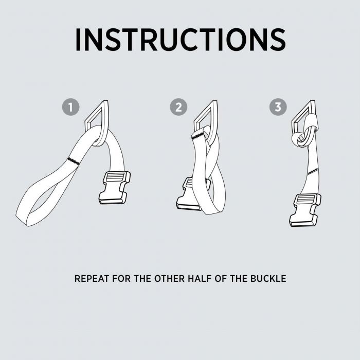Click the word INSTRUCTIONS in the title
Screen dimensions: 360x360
pos(181,40)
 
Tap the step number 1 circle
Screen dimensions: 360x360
pos(71,107)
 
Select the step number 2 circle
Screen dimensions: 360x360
pos(178,107)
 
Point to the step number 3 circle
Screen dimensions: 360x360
pos(278,107)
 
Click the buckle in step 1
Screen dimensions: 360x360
pos(115,188)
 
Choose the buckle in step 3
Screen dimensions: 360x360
pos(305,210)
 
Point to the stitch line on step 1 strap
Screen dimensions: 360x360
pos(74,161)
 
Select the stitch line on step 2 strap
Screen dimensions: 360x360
pos(198,137)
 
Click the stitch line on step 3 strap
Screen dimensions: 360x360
pos(313,171)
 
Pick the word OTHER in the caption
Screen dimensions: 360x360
pos(169,279)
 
